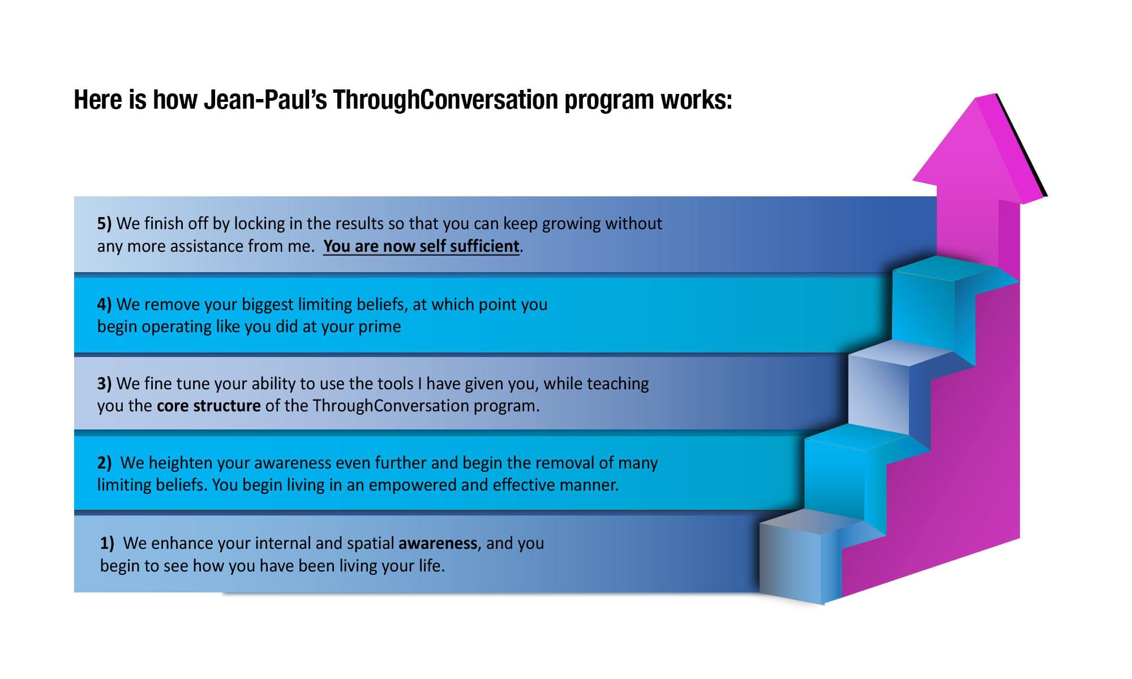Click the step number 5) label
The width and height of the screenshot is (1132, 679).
click(104, 224)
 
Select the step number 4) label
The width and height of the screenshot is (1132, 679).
click(104, 304)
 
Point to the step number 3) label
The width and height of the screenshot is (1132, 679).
click(104, 384)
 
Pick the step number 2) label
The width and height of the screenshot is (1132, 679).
click(104, 463)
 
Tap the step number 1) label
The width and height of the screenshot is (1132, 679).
click(107, 543)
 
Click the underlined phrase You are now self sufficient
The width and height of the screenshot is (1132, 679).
click(421, 246)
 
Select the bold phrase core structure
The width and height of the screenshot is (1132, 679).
click(208, 406)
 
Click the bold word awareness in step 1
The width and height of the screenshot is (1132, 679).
click(438, 543)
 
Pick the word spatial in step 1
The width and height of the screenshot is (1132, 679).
click(370, 544)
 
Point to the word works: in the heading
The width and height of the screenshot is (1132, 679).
click(697, 100)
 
